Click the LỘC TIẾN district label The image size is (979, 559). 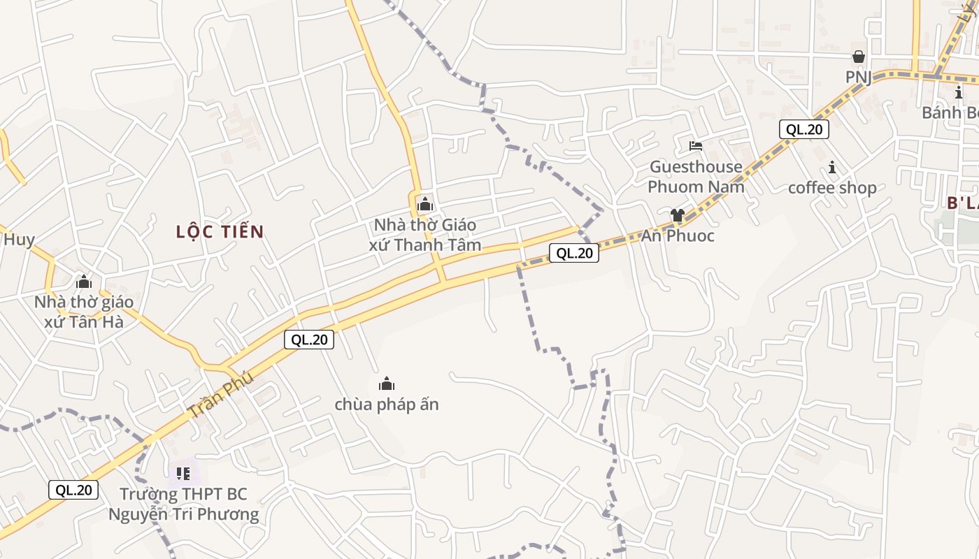coord(220,232)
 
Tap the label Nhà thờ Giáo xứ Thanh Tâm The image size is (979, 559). coord(425,235)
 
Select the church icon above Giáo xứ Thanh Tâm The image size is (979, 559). coord(424,205)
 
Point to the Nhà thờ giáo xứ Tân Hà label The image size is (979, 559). coord(84,312)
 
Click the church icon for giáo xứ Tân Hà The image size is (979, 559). coord(84,282)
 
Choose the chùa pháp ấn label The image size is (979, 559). coord(387,405)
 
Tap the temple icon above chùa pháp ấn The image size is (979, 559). coord(387,383)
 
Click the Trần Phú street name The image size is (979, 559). coord(221,396)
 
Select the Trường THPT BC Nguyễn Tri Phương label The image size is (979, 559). coord(183,504)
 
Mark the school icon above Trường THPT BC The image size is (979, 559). coord(183,474)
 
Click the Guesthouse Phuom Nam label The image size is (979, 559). coord(696,177)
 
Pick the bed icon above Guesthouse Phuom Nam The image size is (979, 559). coord(696,146)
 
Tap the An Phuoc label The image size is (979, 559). coord(678,236)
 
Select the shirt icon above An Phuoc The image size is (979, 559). coord(677,215)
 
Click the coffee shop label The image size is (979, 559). coord(832,188)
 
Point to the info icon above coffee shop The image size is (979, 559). coord(832,167)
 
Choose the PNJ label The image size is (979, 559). coord(859,77)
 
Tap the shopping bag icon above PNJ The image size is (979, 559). coord(859,57)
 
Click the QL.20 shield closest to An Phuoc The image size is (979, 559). coord(574,253)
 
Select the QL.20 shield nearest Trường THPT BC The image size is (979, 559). coord(73,490)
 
